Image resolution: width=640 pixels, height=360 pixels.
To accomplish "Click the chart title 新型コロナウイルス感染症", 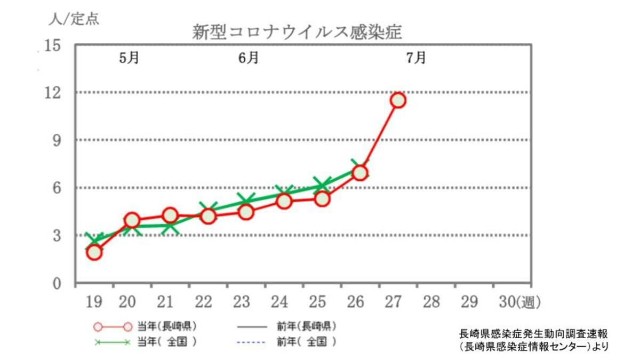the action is coord(297,32).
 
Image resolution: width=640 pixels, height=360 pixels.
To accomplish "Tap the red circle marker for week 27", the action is coord(398,101).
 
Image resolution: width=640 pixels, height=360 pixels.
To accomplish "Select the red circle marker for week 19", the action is coord(94,253).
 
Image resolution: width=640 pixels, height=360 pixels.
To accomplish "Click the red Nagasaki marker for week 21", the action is coord(170,215).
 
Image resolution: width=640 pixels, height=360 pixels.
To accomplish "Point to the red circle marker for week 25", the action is coord(322,199).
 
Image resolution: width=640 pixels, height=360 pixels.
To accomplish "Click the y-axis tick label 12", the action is coord(53,93).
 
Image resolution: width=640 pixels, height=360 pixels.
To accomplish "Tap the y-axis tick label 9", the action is coord(57,141).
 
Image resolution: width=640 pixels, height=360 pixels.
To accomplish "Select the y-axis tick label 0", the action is coord(57,284).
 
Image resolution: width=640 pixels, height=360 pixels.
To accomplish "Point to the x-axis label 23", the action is coord(242,302).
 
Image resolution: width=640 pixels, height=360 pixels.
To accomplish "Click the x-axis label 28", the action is coord(431,302).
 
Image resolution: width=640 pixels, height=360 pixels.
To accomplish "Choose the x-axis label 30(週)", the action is coord(520,302).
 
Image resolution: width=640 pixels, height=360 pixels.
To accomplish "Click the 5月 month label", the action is coord(129,58).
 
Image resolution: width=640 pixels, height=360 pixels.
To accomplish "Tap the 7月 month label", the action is coord(416,58).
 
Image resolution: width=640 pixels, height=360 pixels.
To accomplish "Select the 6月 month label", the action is coord(249,58).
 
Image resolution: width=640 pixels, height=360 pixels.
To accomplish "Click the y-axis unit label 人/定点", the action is coord(74,19).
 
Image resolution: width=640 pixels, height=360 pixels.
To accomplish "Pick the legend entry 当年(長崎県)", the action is coord(145,326).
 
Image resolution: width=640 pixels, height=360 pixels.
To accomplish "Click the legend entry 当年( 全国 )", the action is coord(145,342).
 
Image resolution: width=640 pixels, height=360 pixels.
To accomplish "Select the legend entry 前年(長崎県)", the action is coord(287,326).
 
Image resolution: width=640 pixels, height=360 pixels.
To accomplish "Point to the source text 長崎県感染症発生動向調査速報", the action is coord(533,334).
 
